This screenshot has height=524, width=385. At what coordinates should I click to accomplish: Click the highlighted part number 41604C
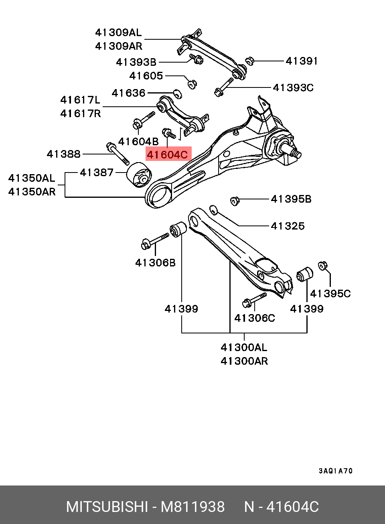[167, 154]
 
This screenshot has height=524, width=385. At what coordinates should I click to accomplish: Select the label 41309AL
[118, 32]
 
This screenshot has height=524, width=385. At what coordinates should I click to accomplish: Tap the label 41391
[302, 61]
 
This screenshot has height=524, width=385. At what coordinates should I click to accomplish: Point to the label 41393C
[293, 87]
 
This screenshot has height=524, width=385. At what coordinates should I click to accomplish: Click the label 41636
[128, 93]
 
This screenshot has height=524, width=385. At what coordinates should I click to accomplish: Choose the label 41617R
[81, 114]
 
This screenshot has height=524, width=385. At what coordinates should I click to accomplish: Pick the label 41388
[63, 154]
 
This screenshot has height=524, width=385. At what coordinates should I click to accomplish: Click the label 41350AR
[32, 192]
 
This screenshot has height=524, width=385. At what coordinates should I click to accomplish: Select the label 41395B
[291, 199]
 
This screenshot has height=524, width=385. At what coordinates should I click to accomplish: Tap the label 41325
[288, 226]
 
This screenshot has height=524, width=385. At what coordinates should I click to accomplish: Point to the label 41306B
[155, 263]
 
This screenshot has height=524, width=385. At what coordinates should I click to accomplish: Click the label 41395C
[330, 294]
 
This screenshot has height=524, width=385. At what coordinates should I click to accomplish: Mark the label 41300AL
[244, 347]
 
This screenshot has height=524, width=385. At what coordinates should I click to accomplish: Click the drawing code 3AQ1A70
[336, 471]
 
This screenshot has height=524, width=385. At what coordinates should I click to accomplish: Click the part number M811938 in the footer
[192, 507]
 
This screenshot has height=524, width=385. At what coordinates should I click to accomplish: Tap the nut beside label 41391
[249, 61]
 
